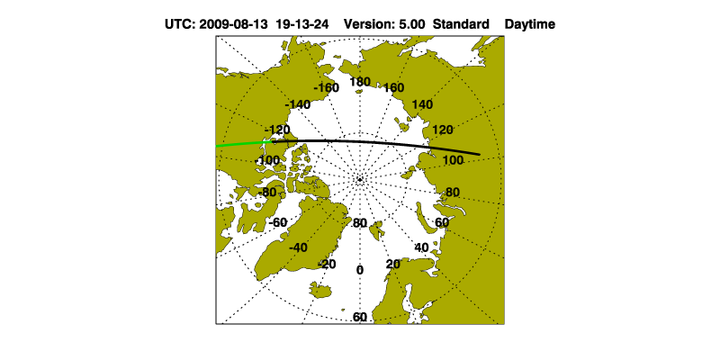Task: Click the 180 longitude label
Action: pos(359,82)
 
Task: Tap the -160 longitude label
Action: pos(326,87)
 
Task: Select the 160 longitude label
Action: pos(393,87)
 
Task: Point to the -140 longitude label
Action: pos(298,104)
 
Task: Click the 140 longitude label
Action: pos(422,104)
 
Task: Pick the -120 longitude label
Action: pos(277,129)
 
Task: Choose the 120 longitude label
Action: pos(442,130)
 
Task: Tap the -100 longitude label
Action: pos(267,161)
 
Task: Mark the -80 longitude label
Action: pos(266,193)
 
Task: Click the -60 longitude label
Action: pos(277,222)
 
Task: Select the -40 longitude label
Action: pos(298,248)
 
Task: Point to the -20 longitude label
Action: pos(327,264)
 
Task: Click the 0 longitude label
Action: pos(359,270)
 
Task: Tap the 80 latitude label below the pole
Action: pos(359,223)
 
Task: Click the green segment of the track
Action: pos(244,144)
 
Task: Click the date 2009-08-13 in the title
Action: pos(233,24)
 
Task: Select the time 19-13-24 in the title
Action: pos(302,24)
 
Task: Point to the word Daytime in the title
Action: pos(529,24)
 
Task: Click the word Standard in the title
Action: pos(461,24)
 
